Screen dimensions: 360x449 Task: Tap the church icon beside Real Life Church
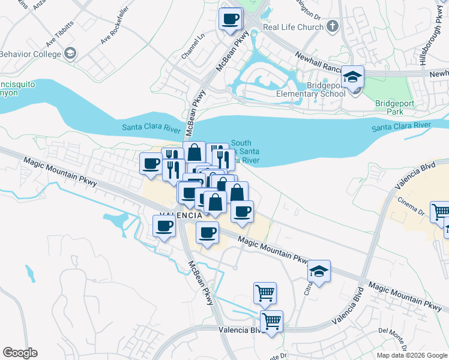tap(333, 27)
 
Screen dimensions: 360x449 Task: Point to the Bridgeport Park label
tap(394, 107)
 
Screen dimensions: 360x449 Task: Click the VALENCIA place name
tap(181, 215)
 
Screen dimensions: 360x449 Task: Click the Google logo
tap(20, 352)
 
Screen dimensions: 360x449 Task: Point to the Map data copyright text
tap(412, 355)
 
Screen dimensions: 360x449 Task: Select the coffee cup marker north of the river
tap(231, 19)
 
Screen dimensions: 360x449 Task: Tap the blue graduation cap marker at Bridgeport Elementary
tap(353, 77)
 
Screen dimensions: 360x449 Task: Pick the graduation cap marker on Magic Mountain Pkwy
tap(319, 271)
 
